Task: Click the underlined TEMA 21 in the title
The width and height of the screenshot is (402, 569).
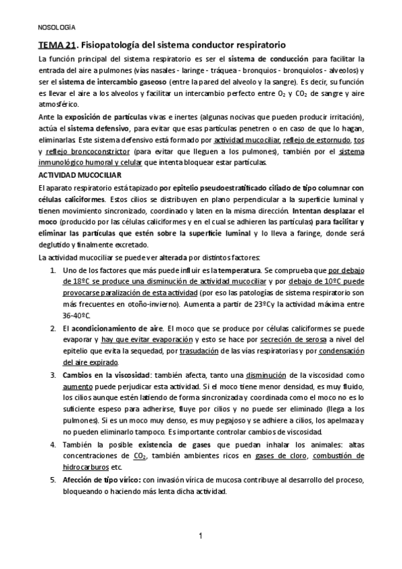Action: pyautogui.click(x=56, y=44)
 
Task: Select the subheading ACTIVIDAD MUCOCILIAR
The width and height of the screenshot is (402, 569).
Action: pyautogui.click(x=73, y=174)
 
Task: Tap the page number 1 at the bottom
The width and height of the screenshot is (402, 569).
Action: pyautogui.click(x=201, y=535)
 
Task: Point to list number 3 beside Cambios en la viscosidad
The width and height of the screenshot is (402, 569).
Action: pyautogui.click(x=54, y=376)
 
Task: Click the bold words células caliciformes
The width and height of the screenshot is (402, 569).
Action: pyautogui.click(x=72, y=199)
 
